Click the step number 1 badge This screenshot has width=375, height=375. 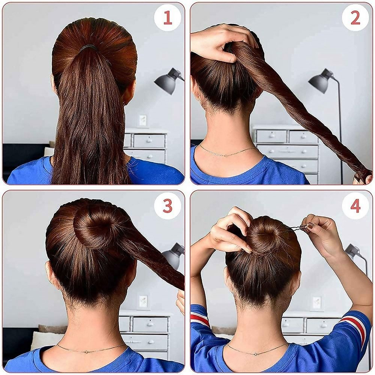tap(167, 18)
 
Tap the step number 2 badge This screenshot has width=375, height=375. tap(355, 18)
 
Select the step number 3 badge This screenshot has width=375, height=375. tap(167, 205)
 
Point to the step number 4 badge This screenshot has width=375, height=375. tap(355, 205)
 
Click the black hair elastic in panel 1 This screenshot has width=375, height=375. tap(88, 48)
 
